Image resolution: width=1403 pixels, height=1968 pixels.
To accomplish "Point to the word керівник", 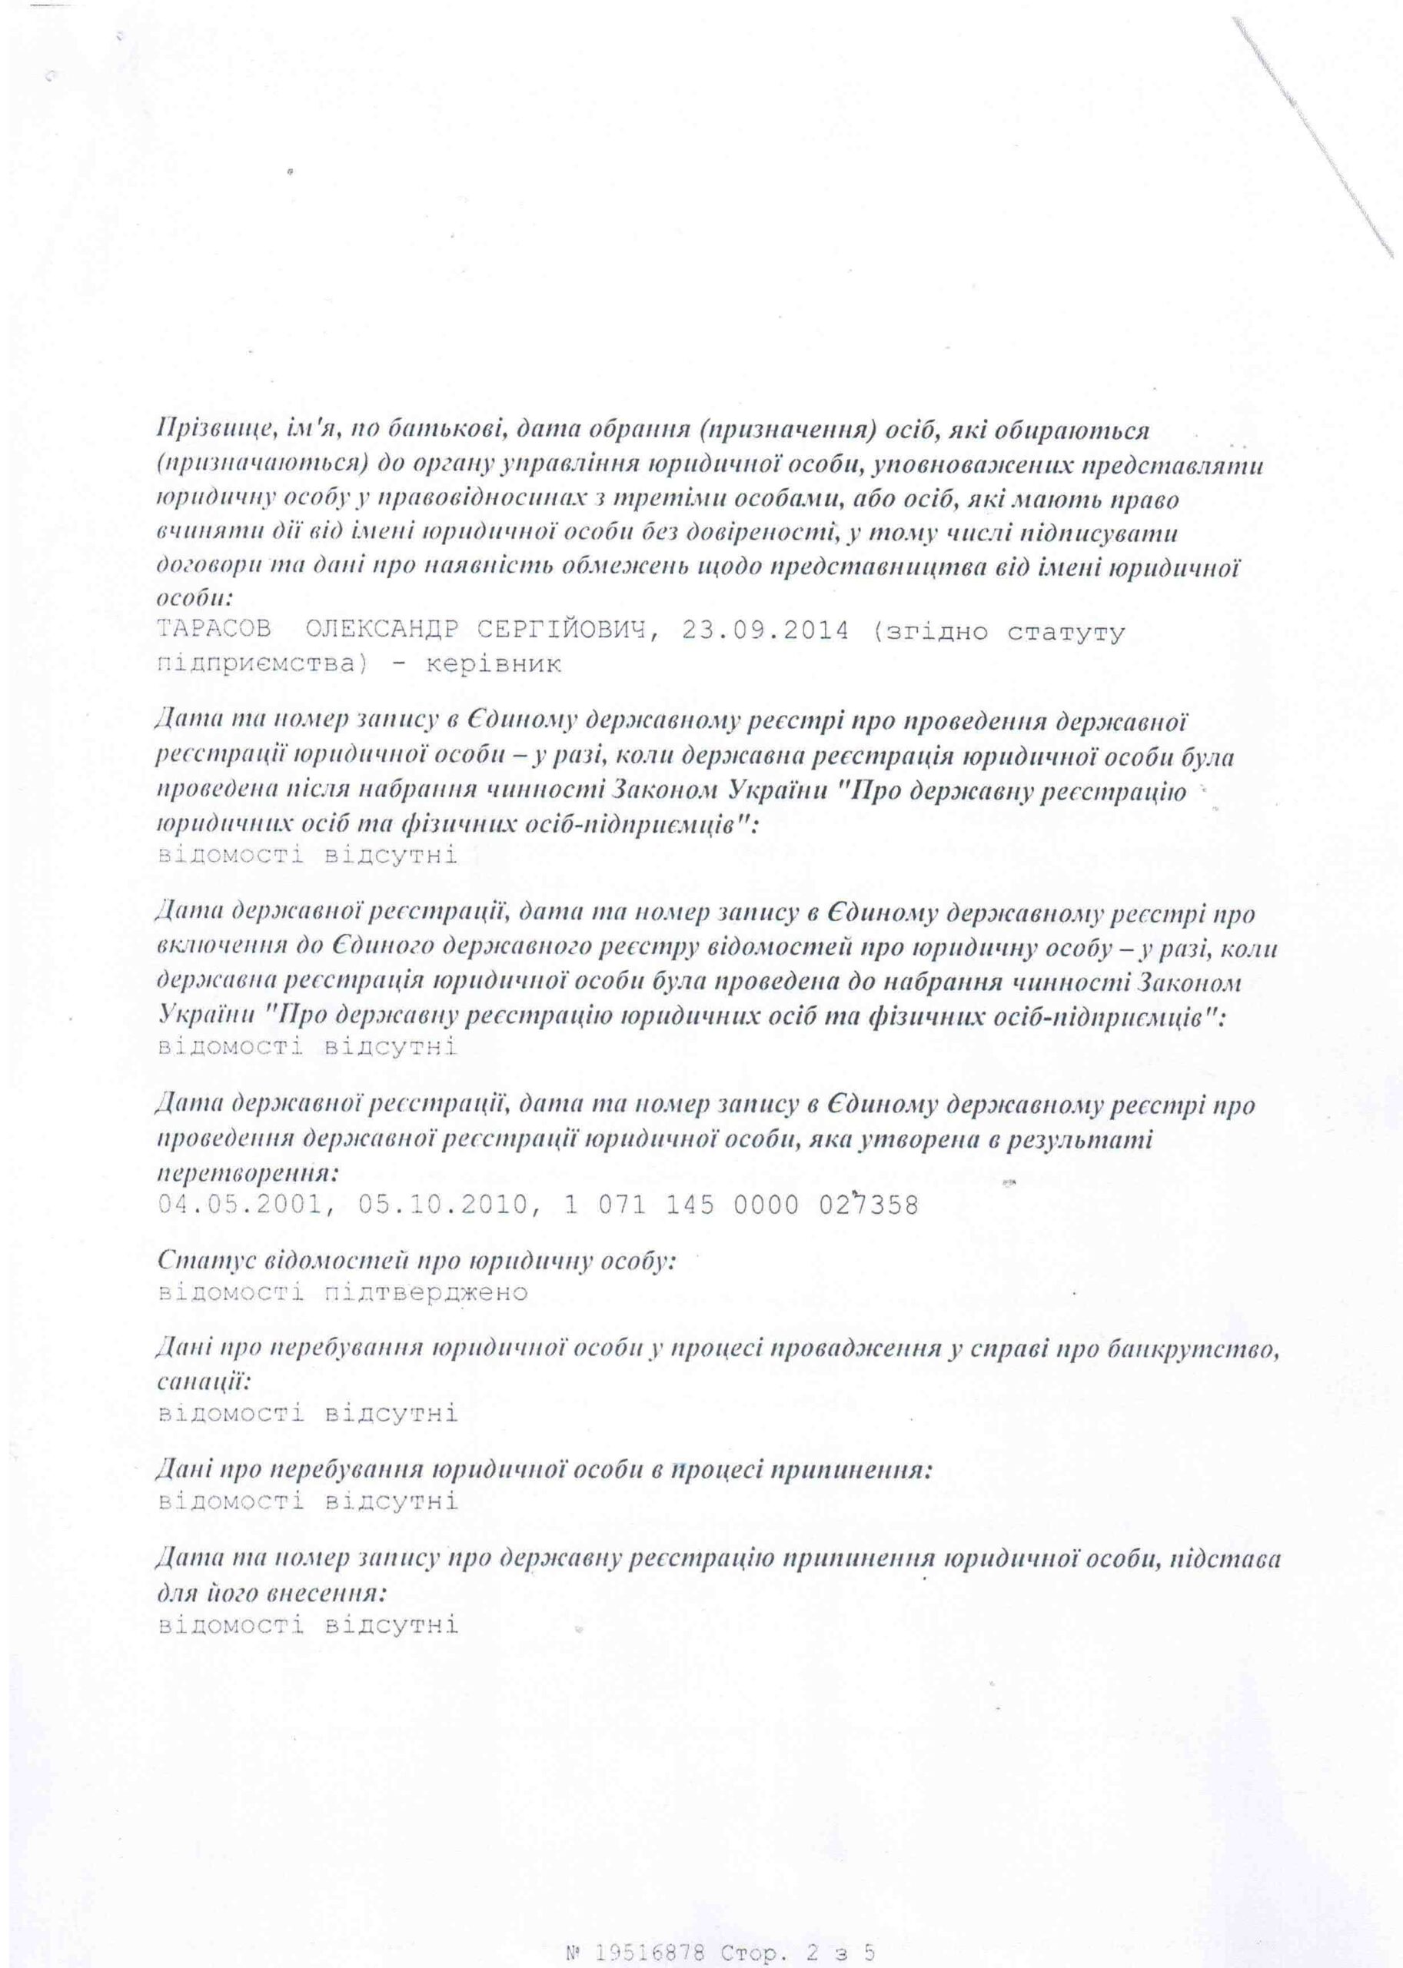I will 500,664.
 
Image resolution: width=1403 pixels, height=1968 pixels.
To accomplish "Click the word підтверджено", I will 427,1292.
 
